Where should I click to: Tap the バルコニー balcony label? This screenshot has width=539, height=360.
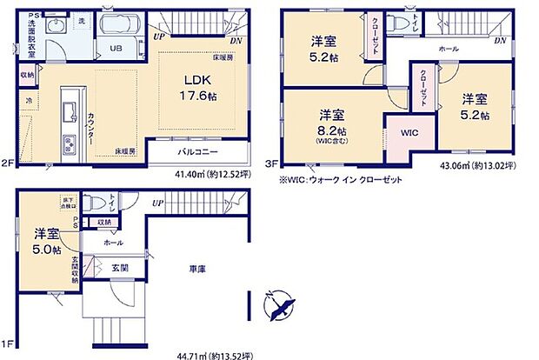point(198,151)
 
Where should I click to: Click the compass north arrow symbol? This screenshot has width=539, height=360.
point(280,303)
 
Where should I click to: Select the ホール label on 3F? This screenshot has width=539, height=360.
point(449,50)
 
